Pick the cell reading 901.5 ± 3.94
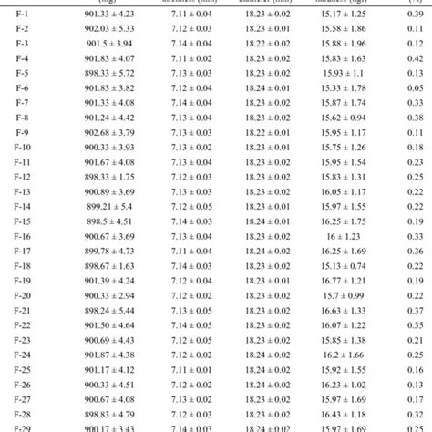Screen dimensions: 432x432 coord(108,44)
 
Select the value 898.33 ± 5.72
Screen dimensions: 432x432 coord(108,73)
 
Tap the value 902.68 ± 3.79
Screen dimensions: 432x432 coord(108,132)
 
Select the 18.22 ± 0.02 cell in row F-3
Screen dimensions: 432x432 coord(269,44)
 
